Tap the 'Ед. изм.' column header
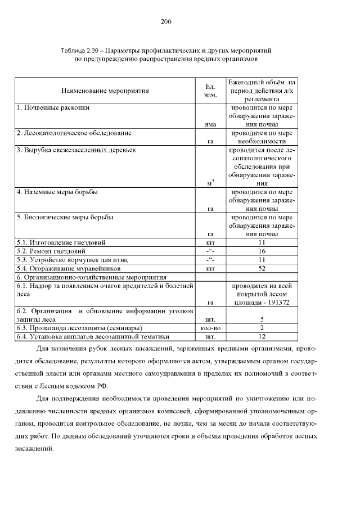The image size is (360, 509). (211, 90)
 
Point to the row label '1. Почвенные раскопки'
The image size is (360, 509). (53, 107)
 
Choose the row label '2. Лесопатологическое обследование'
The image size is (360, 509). (74, 133)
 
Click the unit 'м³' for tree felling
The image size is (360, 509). (211, 183)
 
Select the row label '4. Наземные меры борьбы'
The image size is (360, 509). (57, 192)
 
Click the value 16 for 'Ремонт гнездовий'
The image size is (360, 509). (262, 251)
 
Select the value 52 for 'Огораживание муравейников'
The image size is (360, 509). (262, 268)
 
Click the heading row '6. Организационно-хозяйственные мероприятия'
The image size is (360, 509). (92, 277)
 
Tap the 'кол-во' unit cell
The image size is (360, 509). (211, 328)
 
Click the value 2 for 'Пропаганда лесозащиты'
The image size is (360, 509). (262, 328)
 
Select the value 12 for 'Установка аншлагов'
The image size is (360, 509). (262, 337)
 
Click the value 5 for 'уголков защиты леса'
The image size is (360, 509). (262, 319)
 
